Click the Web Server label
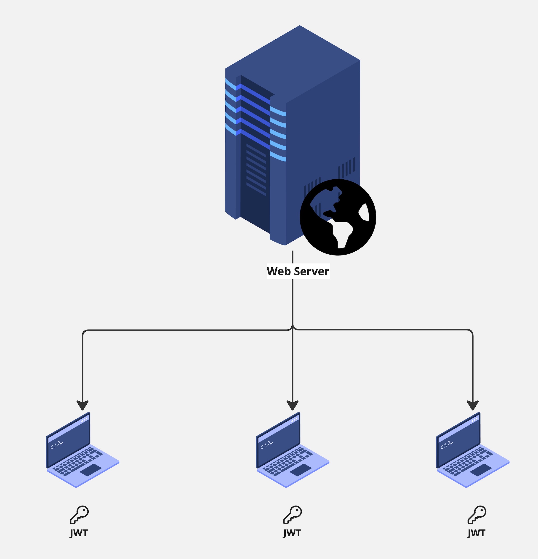tap(298, 271)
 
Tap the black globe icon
tap(338, 217)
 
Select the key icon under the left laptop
tap(79, 515)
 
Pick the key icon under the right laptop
tap(477, 515)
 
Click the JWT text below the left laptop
tap(79, 533)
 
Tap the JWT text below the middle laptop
tap(292, 533)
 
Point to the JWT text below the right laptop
tap(476, 533)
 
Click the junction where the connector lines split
tap(292, 329)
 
